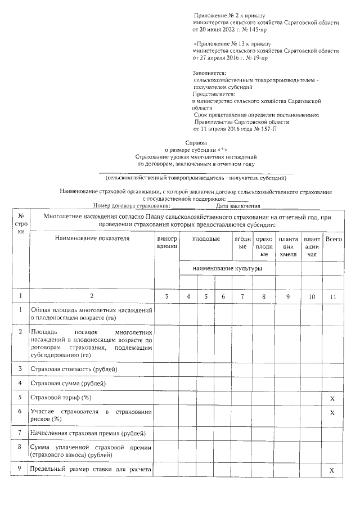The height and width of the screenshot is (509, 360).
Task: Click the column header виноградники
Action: coord(167,242)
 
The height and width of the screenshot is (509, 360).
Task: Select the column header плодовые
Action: coord(206,239)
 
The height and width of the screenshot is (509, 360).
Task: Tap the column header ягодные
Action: coord(243,242)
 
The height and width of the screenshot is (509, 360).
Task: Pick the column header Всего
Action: coord(334,239)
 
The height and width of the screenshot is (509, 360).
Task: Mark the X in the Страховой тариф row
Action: coord(332,398)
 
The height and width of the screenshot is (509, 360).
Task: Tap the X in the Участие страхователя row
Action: coord(332,413)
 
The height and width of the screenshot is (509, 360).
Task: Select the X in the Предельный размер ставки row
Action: coord(332,470)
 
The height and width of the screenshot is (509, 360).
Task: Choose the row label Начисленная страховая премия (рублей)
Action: coord(88,433)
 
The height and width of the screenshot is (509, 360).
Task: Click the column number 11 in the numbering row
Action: coord(334,296)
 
